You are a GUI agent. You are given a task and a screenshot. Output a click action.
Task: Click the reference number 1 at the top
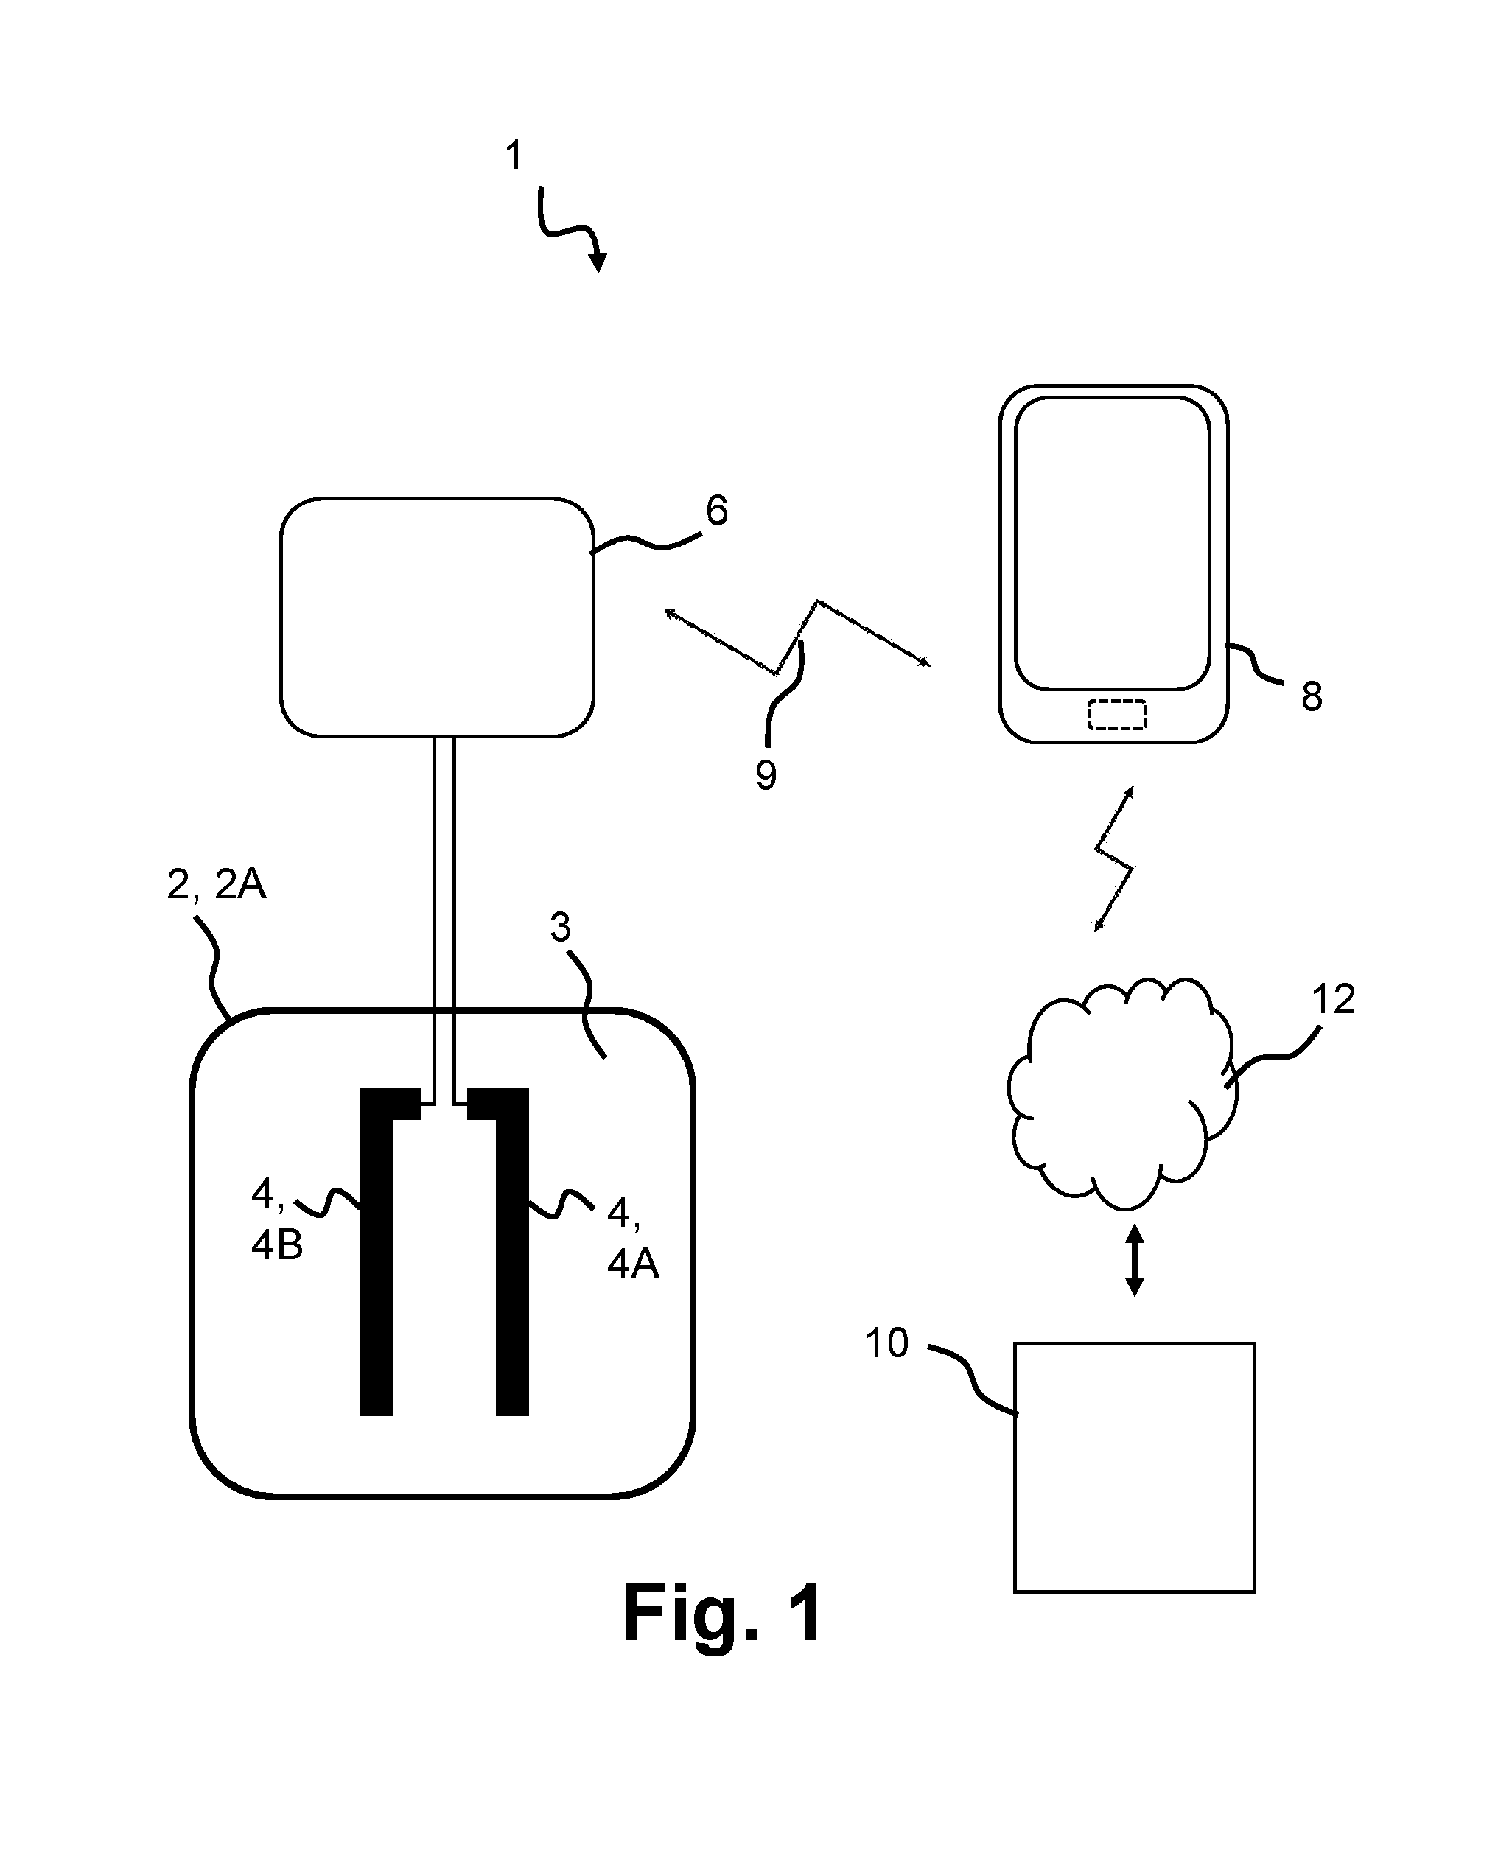514,156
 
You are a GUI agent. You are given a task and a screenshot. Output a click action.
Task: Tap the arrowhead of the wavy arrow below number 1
598,262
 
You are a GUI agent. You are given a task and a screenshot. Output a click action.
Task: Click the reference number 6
716,511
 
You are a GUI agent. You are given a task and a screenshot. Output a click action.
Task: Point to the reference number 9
766,775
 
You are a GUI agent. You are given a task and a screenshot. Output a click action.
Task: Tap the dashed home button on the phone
1116,715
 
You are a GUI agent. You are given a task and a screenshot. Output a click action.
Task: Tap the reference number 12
1334,1000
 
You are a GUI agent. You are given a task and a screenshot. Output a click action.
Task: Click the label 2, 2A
216,885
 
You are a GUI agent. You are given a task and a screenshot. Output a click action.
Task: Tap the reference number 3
561,928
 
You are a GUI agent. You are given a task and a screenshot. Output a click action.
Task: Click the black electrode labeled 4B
377,1254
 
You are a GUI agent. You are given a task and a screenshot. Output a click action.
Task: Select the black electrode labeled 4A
512,1254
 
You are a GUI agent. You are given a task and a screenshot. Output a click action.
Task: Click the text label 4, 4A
633,1238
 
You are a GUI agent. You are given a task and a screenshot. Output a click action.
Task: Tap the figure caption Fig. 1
723,1614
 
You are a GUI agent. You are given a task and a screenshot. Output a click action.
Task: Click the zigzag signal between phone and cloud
1114,859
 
